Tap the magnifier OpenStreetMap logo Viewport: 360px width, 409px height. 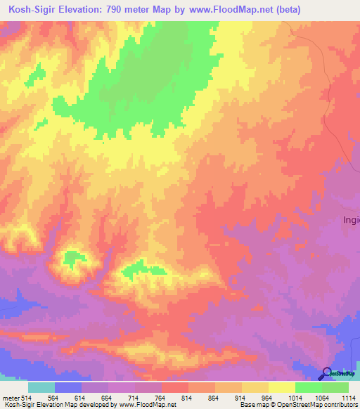[327, 373]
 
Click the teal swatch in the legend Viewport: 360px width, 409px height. [41, 387]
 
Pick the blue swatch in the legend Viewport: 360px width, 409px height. [68, 387]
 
